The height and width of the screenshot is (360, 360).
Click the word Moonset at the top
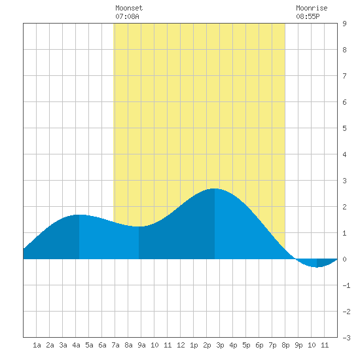click(x=129, y=8)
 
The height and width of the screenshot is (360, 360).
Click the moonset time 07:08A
click(x=127, y=16)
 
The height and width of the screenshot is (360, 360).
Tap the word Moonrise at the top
click(x=312, y=8)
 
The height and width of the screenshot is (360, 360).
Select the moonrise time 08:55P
click(x=308, y=16)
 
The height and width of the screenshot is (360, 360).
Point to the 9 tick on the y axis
click(x=344, y=24)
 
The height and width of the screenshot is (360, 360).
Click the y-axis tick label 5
click(x=344, y=128)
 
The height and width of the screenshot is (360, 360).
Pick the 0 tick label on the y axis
click(x=344, y=259)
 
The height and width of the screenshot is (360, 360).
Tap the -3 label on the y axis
click(x=346, y=338)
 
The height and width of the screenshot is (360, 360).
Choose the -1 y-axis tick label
click(x=346, y=285)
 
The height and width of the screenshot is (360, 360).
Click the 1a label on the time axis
click(x=37, y=345)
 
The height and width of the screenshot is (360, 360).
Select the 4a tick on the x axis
click(x=76, y=345)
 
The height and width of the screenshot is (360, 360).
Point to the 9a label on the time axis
click(x=141, y=345)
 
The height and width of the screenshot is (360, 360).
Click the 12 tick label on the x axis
click(x=181, y=345)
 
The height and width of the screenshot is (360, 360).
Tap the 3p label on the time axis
click(x=220, y=345)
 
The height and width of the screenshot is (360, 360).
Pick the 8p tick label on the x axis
click(x=285, y=345)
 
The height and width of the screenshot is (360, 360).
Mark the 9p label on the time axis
click(x=298, y=345)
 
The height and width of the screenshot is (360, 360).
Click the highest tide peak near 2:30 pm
click(x=215, y=189)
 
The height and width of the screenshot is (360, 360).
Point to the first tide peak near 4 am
click(x=79, y=215)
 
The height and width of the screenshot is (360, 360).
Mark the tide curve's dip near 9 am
click(x=139, y=226)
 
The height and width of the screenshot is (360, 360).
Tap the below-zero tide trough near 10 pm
click(x=317, y=267)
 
